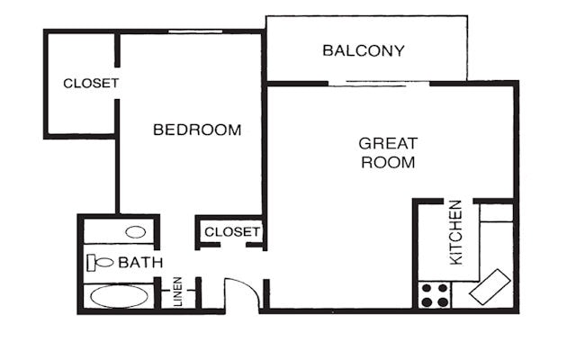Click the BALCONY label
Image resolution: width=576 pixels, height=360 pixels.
point(364,50)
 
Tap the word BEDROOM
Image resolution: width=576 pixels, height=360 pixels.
point(197,130)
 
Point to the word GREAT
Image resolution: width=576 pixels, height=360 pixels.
point(388,143)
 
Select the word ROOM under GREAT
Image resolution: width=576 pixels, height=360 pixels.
point(388,163)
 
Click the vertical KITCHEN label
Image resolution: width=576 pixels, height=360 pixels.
point(456,232)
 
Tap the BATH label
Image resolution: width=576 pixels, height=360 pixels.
point(140,263)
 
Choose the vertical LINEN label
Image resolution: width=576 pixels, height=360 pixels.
point(178,291)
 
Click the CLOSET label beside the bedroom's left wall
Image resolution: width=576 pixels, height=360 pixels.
point(91,84)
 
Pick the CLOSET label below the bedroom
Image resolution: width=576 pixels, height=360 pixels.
point(232,232)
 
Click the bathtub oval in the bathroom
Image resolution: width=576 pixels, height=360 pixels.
point(118,296)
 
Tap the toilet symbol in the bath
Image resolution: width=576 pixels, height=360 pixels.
point(100,263)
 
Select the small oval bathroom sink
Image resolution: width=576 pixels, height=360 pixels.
point(136,232)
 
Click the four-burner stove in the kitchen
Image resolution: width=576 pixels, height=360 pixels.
point(436,295)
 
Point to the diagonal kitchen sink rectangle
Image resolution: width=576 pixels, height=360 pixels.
point(490,287)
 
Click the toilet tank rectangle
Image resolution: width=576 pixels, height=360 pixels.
point(91,263)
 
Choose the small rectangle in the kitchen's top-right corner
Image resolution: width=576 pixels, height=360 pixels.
point(496,213)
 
